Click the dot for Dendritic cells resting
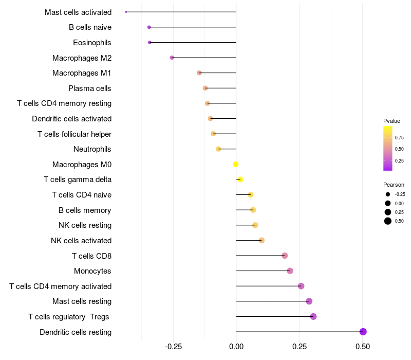363,332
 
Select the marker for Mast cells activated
126,12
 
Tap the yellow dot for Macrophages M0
235,165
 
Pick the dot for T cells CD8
285,256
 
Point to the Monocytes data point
290,271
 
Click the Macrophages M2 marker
172,58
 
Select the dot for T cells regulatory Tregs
313,317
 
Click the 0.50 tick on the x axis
363,347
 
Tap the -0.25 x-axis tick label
173,347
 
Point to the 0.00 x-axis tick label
236,347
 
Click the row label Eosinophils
92,43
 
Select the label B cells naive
90,27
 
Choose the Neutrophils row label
92,149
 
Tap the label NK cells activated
81,241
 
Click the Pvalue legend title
391,121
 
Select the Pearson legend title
394,185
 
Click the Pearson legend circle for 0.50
387,221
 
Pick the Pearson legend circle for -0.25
387,194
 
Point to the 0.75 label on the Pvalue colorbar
399,137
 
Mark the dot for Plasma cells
205,88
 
